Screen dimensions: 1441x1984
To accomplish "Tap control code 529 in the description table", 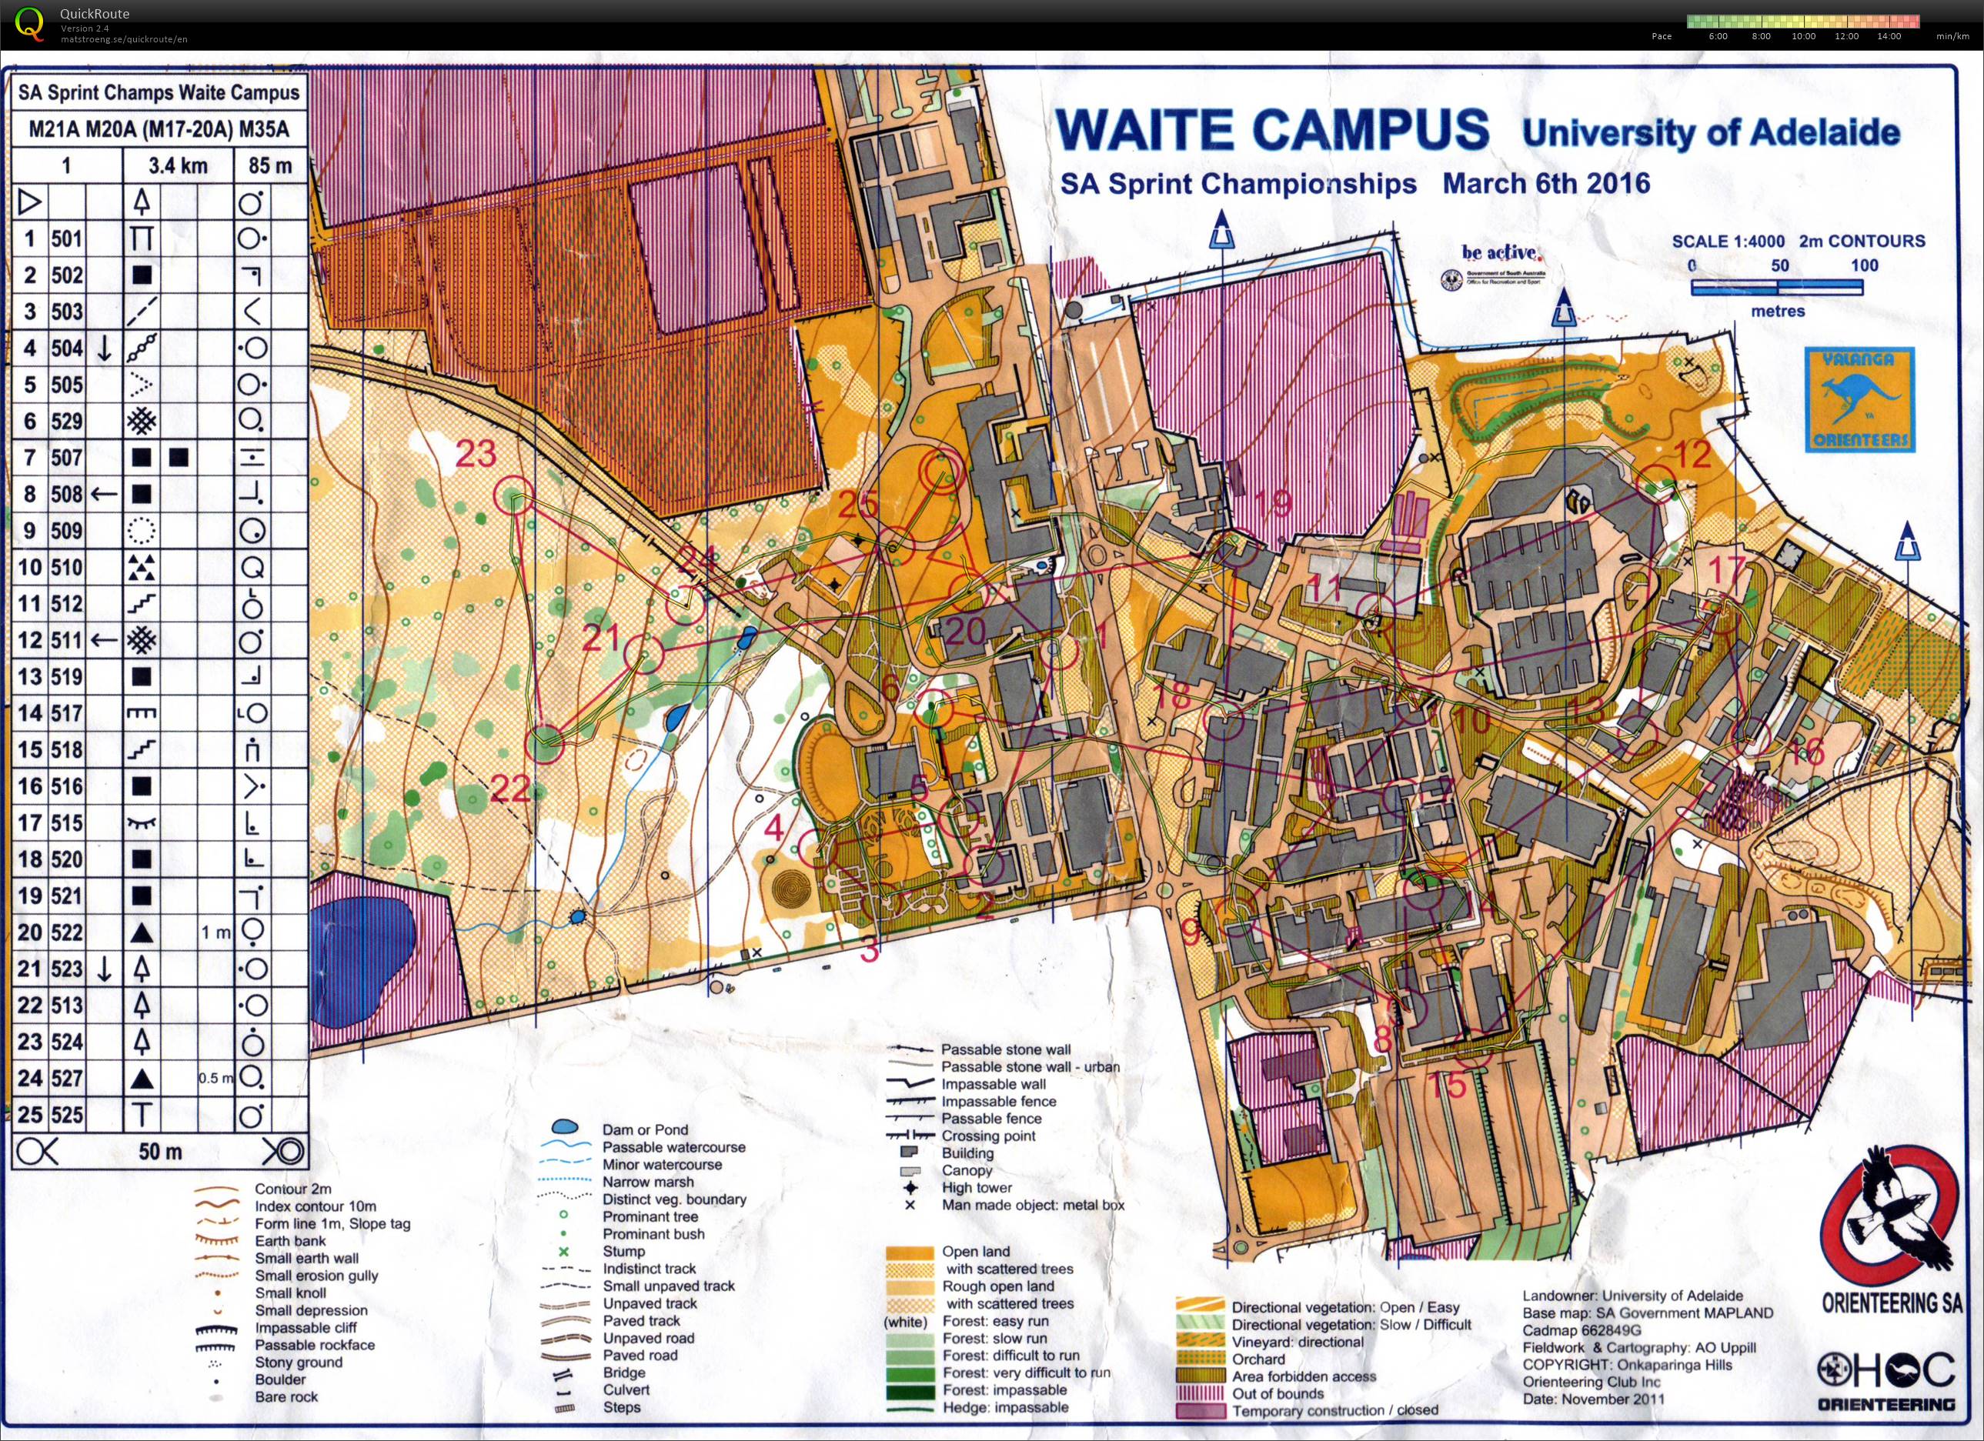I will (x=66, y=422).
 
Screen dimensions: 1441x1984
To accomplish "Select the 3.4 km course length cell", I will (x=178, y=166).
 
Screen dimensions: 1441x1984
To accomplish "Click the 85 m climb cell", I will (x=270, y=166).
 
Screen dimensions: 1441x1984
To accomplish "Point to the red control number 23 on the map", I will (x=476, y=454).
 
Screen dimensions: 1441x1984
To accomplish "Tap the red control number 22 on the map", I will (x=510, y=789).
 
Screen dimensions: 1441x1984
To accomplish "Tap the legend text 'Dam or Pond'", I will (x=645, y=1129).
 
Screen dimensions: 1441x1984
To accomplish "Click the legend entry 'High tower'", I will (x=977, y=1187).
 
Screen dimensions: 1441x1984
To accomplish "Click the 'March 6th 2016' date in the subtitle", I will (x=1546, y=184).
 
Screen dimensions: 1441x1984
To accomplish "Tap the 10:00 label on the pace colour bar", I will (x=1803, y=37).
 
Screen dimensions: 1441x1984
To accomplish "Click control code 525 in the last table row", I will (x=66, y=1116).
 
